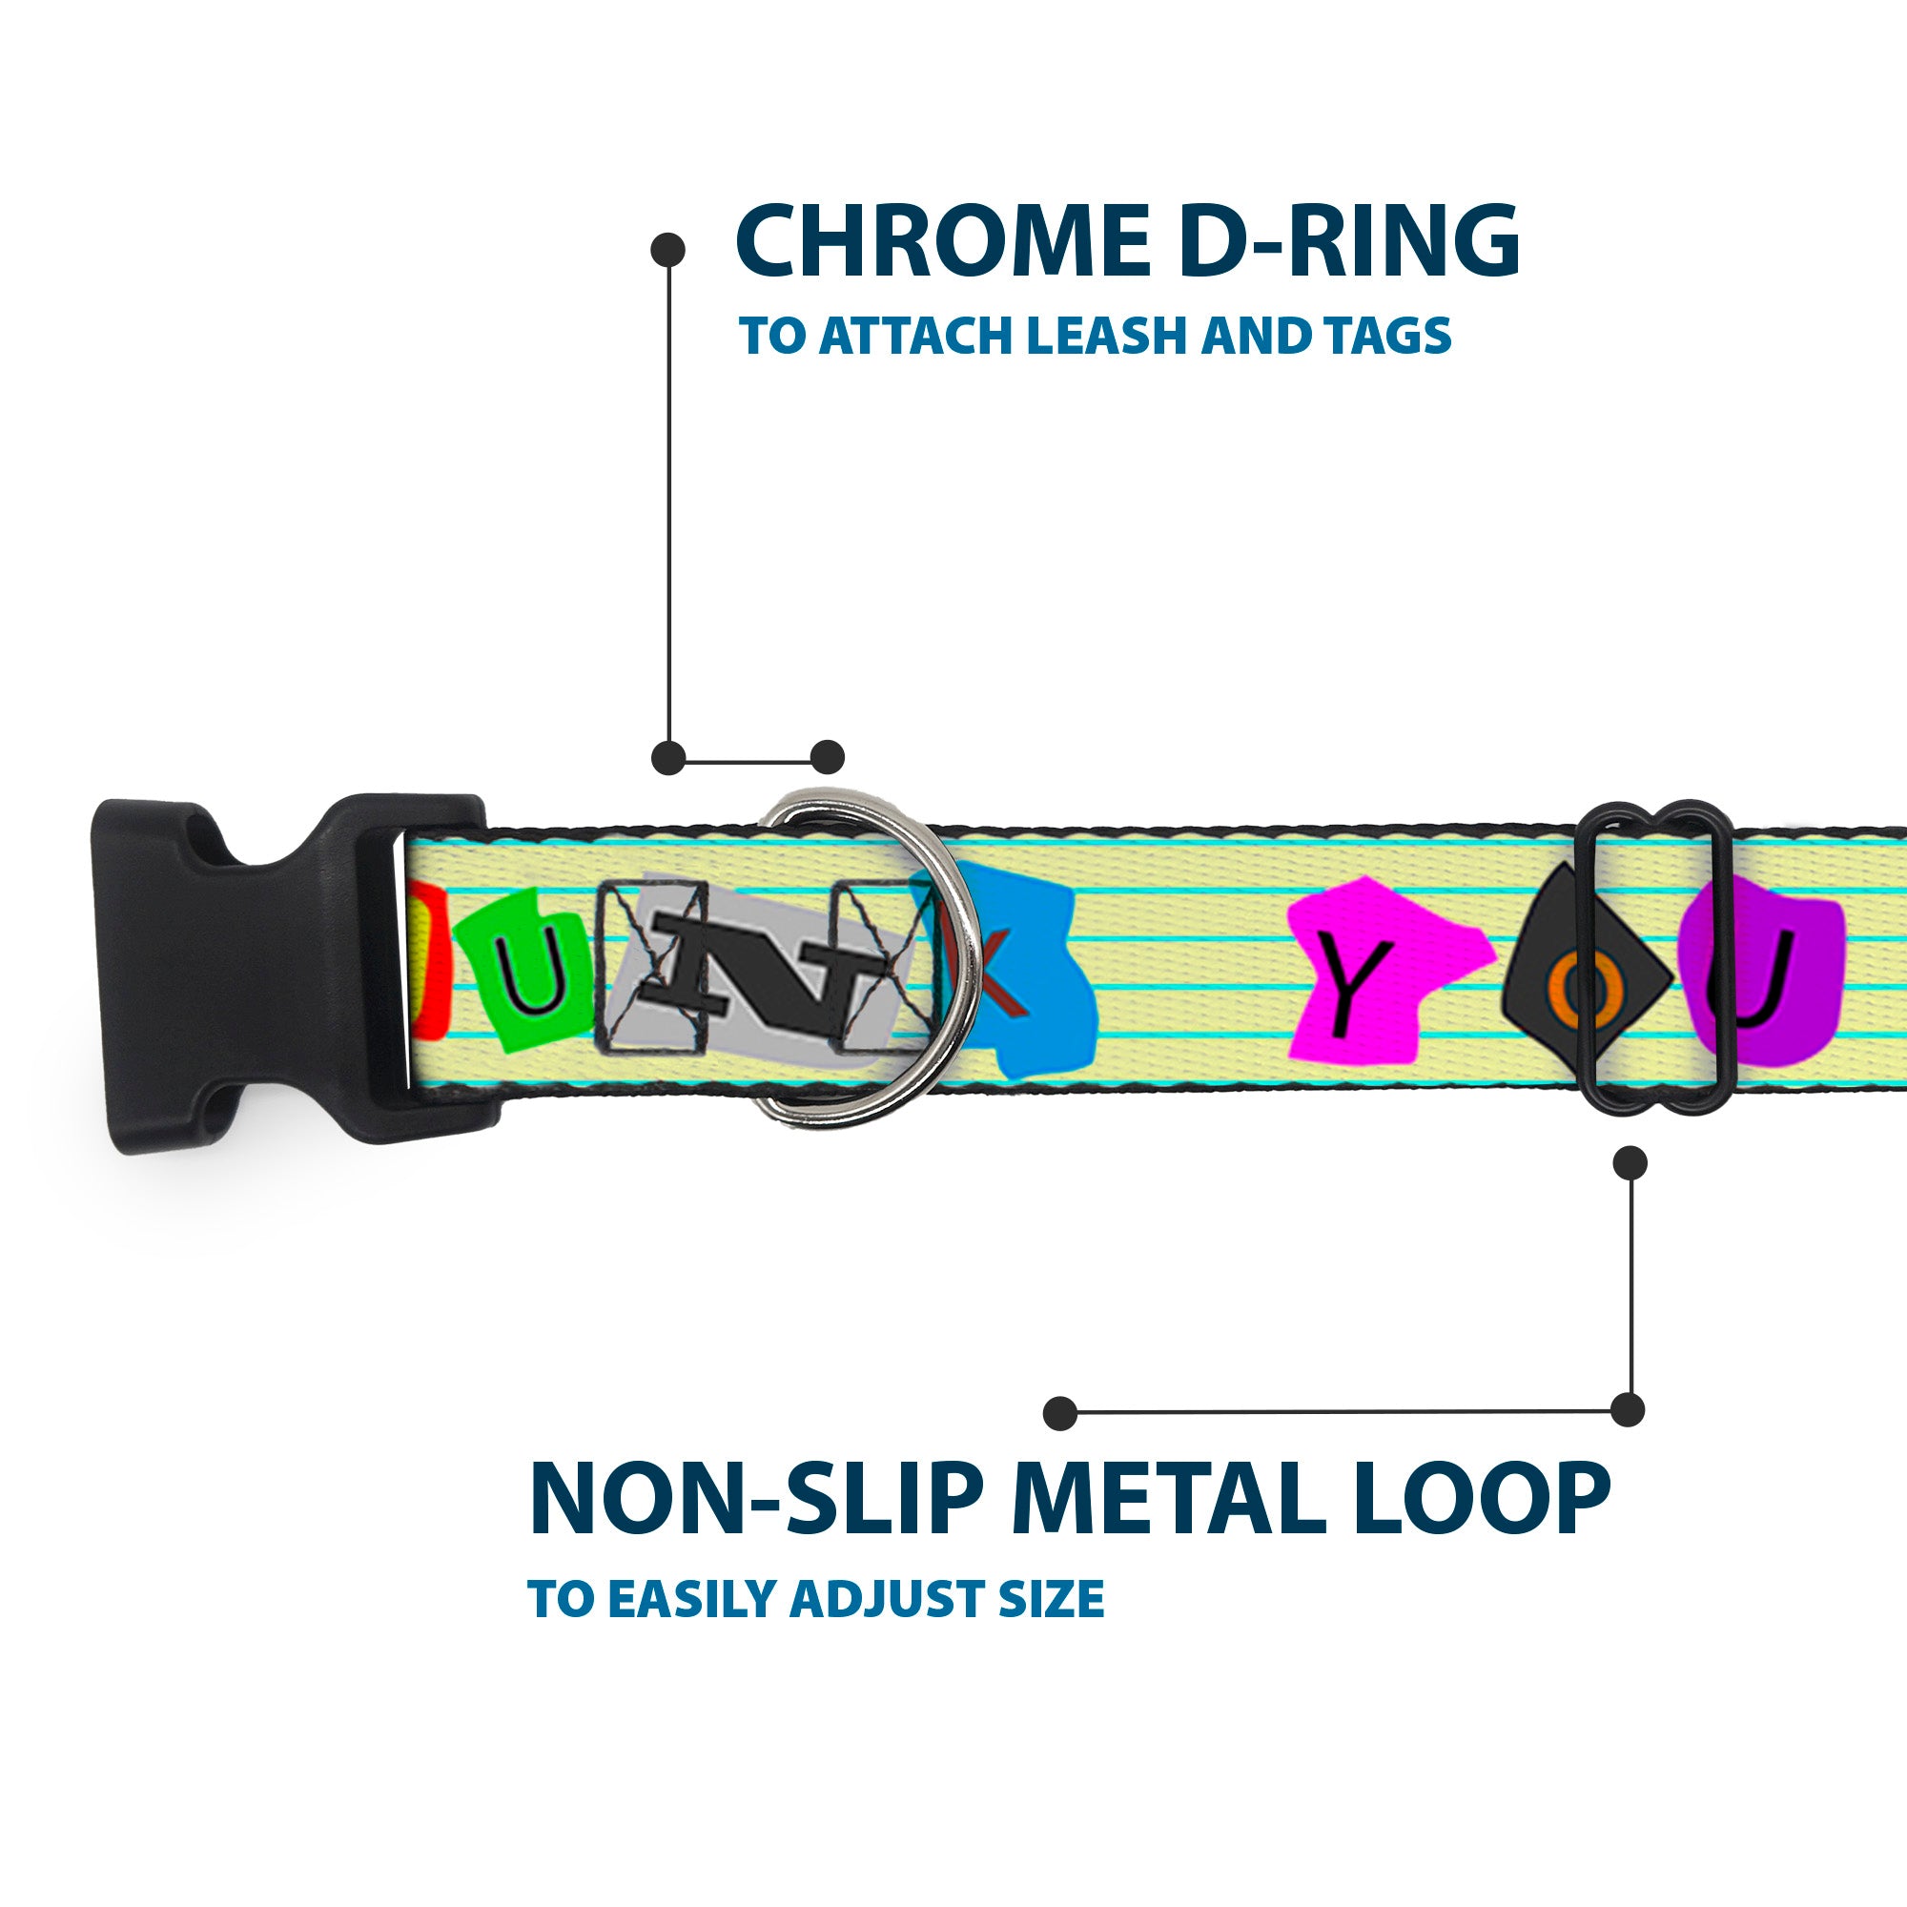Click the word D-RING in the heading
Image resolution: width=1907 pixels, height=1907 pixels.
(x=1348, y=241)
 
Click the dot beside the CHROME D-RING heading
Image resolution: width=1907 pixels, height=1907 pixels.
(x=668, y=249)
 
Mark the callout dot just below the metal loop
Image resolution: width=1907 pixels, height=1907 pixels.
(x=1629, y=1162)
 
